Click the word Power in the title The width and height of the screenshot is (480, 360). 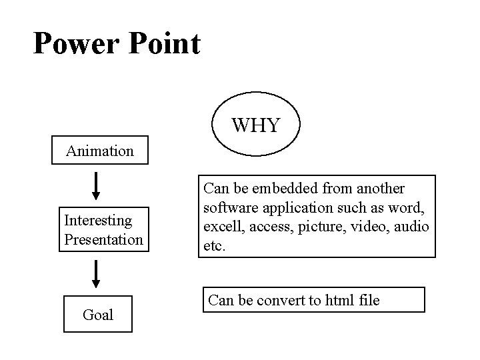coord(75,43)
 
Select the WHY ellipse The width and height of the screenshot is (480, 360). coord(255,125)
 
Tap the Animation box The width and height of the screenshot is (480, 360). coord(100,151)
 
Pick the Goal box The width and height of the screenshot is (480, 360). coord(98,314)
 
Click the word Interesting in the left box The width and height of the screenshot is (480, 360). coord(98,219)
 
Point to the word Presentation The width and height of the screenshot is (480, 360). coord(103,238)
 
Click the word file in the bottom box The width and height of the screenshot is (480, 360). coord(368,300)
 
